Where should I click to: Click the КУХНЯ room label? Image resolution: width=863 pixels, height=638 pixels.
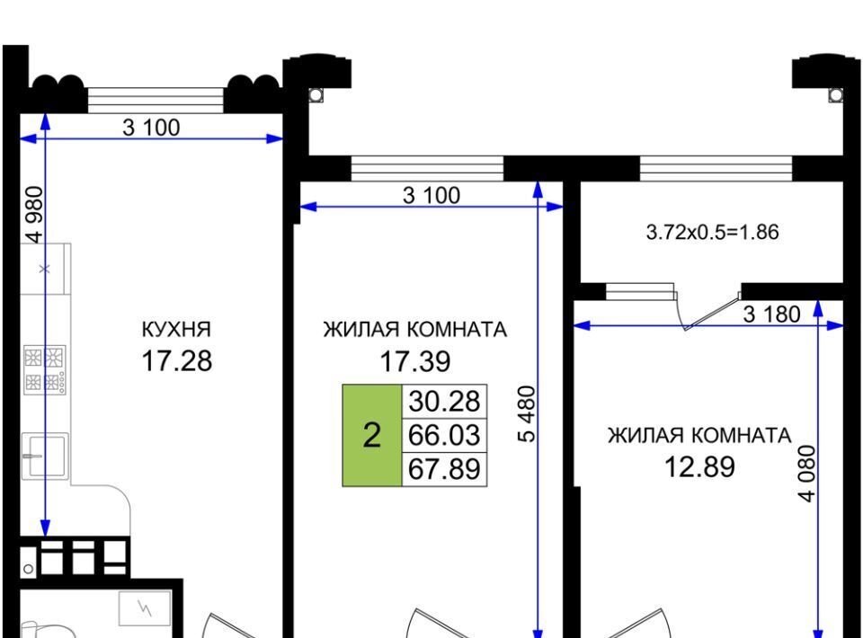[176, 330]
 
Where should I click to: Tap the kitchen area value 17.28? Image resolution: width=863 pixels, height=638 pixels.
[176, 361]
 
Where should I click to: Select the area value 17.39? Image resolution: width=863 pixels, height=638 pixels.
[415, 361]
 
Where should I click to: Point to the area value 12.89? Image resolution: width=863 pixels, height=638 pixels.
[699, 467]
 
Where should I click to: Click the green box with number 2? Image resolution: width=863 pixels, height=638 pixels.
[372, 435]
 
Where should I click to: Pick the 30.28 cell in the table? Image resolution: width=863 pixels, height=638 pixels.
[444, 401]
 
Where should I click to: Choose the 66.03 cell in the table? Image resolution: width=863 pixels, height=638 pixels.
[444, 435]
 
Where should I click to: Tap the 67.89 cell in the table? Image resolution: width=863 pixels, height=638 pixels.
[444, 469]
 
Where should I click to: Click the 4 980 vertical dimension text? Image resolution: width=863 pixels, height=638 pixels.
[34, 215]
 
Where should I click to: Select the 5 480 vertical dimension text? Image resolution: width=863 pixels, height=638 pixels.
[527, 414]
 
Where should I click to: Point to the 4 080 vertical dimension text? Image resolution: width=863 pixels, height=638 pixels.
[807, 474]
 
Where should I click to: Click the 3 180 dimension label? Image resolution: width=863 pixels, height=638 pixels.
[771, 315]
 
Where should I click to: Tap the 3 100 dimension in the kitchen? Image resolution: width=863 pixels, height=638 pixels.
[151, 128]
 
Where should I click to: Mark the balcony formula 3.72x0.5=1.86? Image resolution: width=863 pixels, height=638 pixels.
[712, 232]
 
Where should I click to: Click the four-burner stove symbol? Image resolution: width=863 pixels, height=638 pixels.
[45, 369]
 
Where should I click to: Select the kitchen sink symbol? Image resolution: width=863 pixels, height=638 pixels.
[45, 456]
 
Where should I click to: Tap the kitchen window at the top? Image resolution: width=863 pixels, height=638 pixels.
[156, 101]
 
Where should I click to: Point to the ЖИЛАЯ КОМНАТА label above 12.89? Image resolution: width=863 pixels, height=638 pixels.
[699, 436]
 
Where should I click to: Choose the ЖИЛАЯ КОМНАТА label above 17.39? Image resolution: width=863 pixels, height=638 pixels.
[415, 330]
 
